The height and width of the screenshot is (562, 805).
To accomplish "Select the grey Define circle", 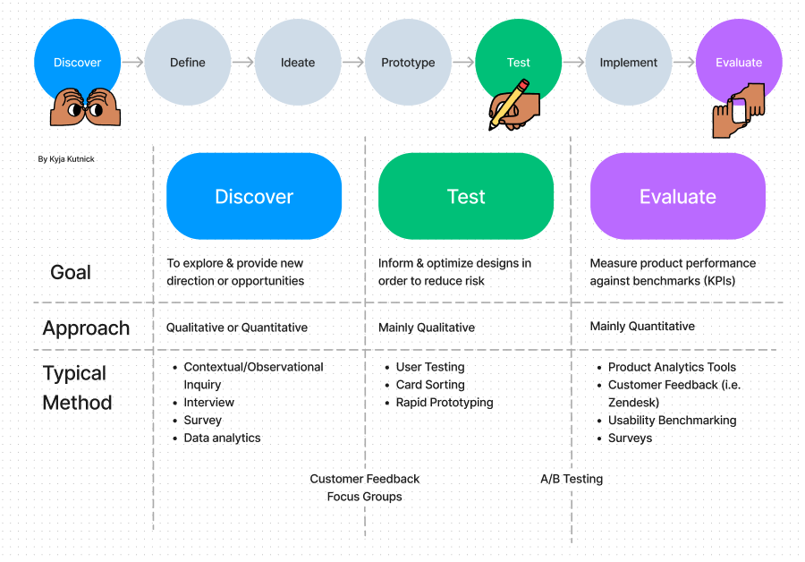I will click(x=188, y=63).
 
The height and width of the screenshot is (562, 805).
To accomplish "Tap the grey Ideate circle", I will click(x=298, y=63).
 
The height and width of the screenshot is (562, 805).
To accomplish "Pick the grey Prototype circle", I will click(x=408, y=63).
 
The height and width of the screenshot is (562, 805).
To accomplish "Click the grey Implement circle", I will click(x=629, y=63).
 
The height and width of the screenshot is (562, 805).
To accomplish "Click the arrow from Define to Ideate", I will click(x=243, y=63).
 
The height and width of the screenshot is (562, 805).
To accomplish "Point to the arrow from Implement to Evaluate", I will click(x=684, y=63).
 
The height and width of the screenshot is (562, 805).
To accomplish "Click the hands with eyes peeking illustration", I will click(x=85, y=107).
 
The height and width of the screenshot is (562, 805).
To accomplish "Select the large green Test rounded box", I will click(x=466, y=197).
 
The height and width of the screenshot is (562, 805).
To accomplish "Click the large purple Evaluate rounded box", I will click(x=678, y=197).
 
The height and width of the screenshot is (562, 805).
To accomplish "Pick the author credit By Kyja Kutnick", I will click(x=66, y=159).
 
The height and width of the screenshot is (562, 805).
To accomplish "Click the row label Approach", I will click(x=86, y=328).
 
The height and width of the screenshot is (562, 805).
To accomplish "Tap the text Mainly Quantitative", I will click(x=642, y=327).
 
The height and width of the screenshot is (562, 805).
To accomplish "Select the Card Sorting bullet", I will click(x=430, y=385).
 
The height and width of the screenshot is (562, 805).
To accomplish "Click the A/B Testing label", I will click(x=572, y=479).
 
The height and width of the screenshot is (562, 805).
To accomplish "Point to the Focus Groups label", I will click(x=365, y=497).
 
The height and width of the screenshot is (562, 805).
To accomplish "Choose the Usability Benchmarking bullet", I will click(x=672, y=420).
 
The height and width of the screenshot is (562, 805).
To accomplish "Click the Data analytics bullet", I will click(x=222, y=438).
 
